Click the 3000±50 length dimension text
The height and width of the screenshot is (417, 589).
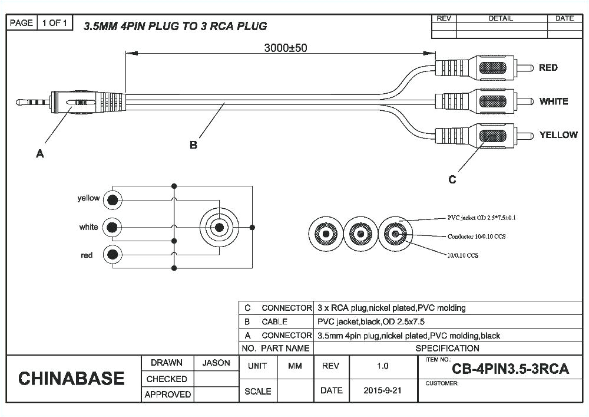[285, 48]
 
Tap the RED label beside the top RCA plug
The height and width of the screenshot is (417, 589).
[548, 68]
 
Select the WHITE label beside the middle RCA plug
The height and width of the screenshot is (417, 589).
[553, 101]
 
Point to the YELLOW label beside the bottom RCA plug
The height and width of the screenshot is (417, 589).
[558, 135]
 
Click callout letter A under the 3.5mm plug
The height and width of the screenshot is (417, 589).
[40, 154]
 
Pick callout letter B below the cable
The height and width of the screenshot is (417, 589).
[193, 145]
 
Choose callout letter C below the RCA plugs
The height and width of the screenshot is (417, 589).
[452, 180]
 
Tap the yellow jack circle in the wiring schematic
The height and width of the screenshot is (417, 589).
[112, 200]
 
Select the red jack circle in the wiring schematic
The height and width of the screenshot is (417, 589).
[112, 255]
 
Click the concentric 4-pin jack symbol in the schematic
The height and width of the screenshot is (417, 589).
[219, 227]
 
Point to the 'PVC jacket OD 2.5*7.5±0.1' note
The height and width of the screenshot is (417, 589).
[482, 218]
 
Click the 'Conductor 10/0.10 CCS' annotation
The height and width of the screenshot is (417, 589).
[477, 237]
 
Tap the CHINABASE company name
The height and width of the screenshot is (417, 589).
[71, 378]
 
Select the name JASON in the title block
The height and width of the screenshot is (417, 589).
[216, 363]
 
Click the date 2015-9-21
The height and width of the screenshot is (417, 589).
[382, 390]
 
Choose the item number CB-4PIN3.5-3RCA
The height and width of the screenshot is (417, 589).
[510, 370]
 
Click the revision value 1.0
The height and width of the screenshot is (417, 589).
[382, 366]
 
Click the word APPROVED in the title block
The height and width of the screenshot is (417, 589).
[167, 394]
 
